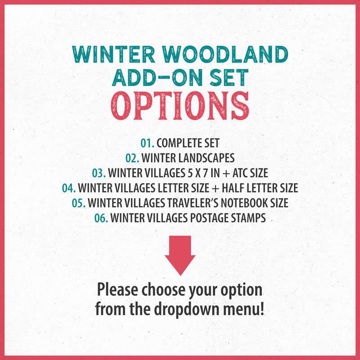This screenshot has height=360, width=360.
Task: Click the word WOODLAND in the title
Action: coord(226,54)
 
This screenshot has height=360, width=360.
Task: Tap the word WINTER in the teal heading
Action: coord(114,54)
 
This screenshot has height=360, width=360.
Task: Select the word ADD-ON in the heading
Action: coord(157,77)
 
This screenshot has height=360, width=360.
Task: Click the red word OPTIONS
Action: coord(180,106)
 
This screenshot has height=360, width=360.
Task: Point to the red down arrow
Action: coord(180,255)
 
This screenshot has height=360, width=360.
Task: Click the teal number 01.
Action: coord(147,143)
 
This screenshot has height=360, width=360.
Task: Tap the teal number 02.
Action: coord(132,158)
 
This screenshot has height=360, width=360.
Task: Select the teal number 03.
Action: coord(99,173)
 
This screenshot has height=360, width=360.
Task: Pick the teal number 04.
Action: coord(69,188)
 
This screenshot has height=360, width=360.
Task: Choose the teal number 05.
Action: coord(79,203)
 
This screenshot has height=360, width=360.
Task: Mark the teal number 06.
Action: coord(101,218)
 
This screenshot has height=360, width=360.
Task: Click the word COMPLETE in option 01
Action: coord(176,143)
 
